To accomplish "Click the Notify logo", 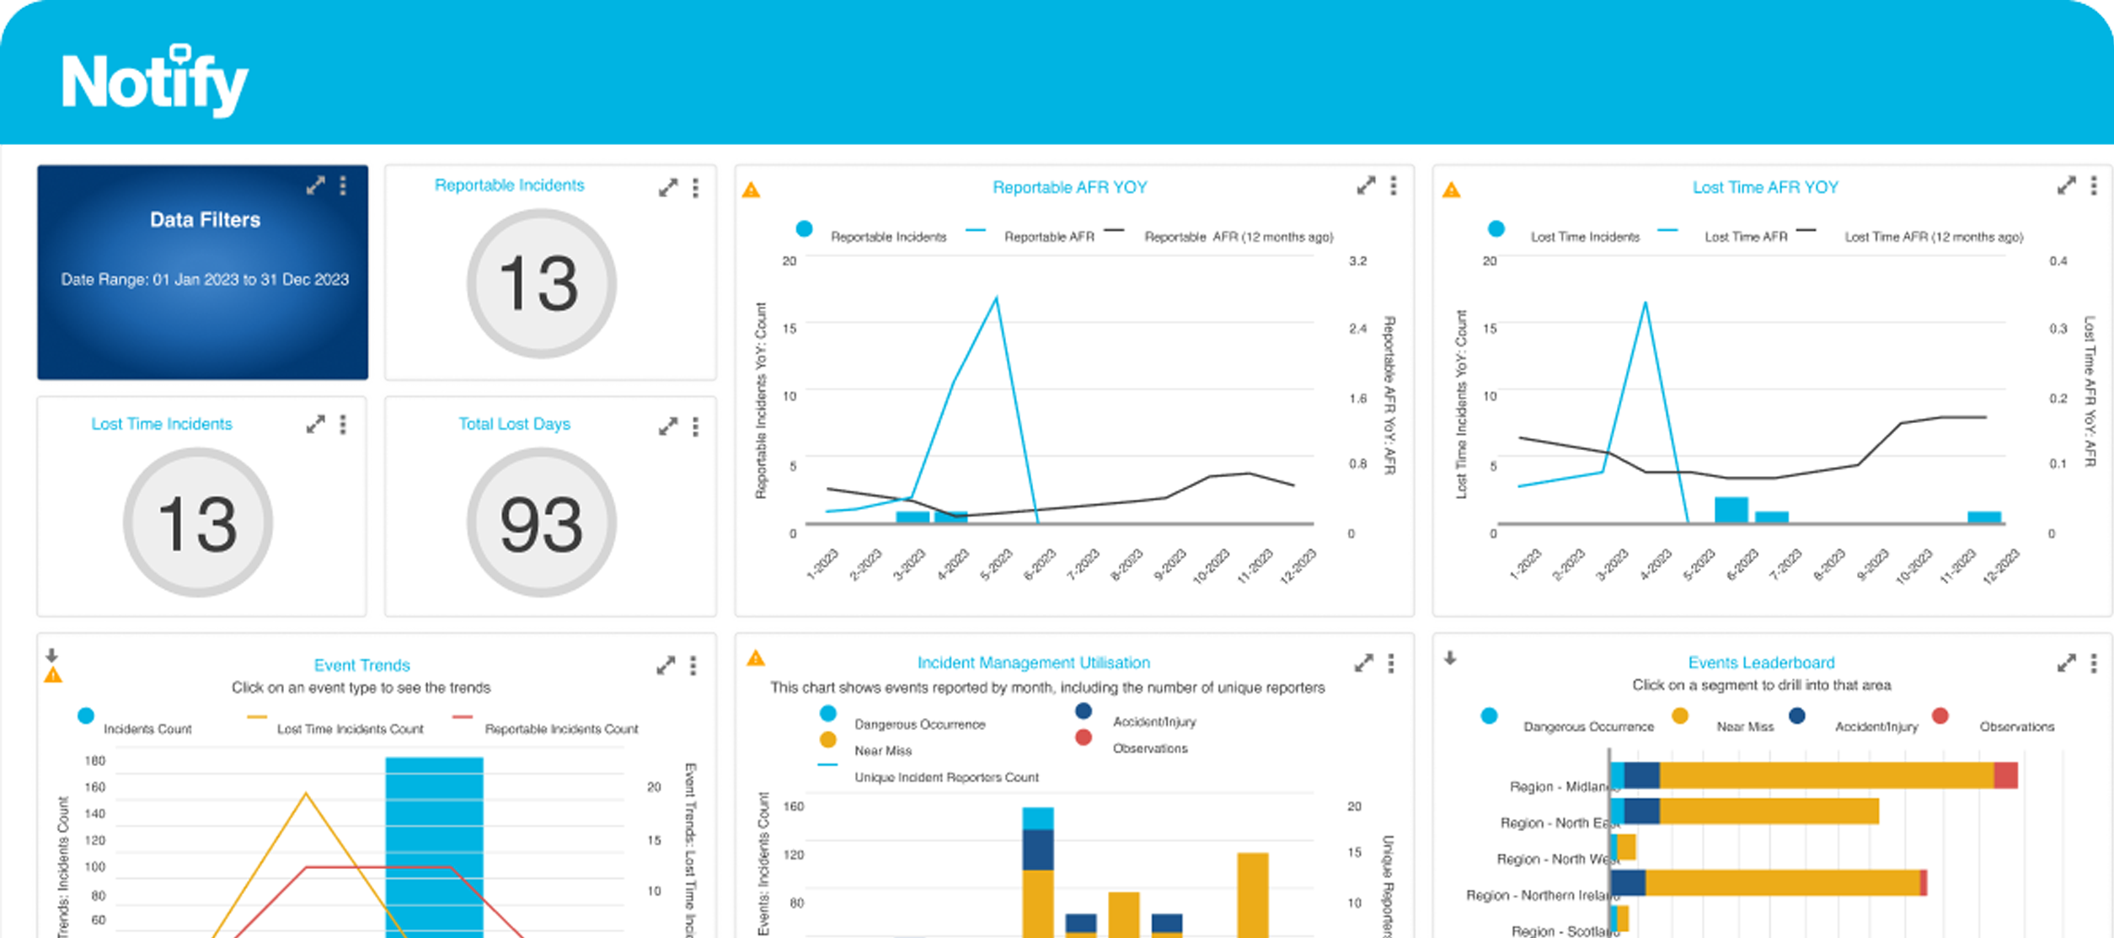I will coord(155,82).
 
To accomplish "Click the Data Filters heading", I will coord(205,220).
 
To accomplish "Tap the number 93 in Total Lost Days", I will coord(541,524).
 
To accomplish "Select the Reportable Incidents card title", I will coord(509,185).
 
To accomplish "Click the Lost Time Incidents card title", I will coord(162,424).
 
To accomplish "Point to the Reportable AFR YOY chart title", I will coord(1069,187).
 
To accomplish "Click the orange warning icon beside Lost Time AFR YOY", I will coord(1451,190).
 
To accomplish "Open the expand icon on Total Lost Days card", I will coord(668,426).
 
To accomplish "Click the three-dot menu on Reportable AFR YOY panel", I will coord(1394,185).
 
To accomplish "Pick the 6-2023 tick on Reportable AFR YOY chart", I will coord(1040,564).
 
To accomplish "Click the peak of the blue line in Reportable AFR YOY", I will coord(997,297).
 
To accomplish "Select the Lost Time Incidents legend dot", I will coord(1496,228).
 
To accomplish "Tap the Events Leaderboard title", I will coord(1761,662).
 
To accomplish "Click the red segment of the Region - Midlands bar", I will coord(2005,775).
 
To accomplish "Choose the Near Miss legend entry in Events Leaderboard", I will coord(1744,726).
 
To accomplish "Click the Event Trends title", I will coord(361,665).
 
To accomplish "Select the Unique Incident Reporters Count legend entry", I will coord(945,777).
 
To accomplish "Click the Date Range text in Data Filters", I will coord(205,280).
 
